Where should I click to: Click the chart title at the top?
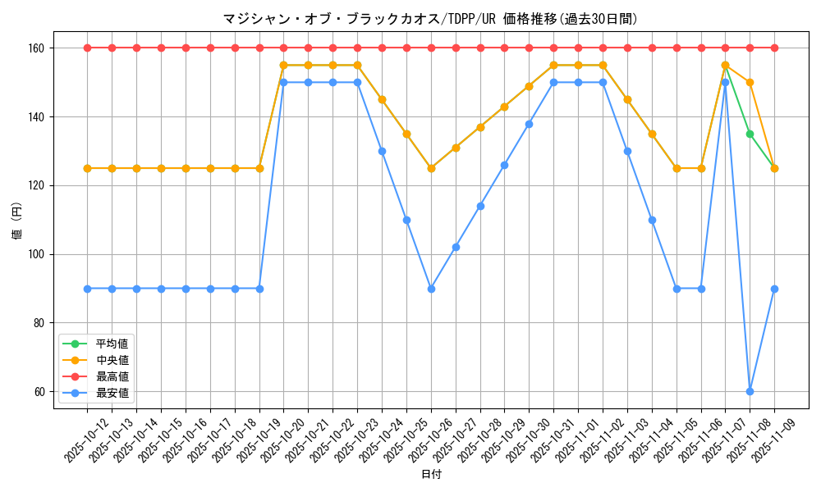pyautogui.click(x=430, y=19)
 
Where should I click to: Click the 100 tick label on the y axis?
pyautogui.click(x=39, y=254)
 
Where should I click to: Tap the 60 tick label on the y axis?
pyautogui.click(x=41, y=391)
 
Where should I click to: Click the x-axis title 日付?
pyautogui.click(x=430, y=475)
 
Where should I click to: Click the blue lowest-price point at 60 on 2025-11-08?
pyautogui.click(x=750, y=391)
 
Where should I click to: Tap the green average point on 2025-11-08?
pyautogui.click(x=750, y=134)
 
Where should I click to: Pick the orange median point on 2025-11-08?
pyautogui.click(x=750, y=82)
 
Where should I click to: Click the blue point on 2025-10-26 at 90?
pyautogui.click(x=431, y=289)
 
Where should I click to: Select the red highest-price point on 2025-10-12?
pyautogui.click(x=87, y=48)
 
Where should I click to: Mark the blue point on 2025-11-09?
pyautogui.click(x=774, y=289)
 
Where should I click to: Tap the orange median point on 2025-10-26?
pyautogui.click(x=431, y=168)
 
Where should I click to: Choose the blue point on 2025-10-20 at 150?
pyautogui.click(x=283, y=82)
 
